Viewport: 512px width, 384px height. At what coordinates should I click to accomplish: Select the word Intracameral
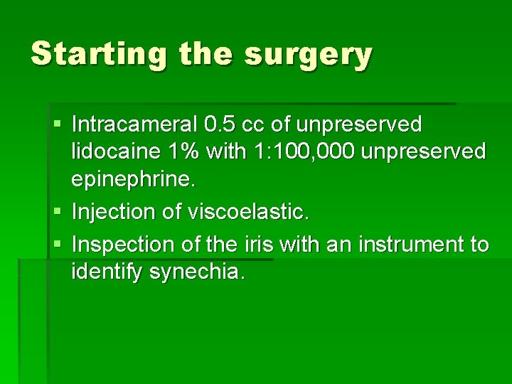click(134, 125)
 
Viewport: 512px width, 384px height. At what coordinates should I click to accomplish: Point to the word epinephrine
click(132, 180)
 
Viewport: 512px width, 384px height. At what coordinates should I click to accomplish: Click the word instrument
click(400, 245)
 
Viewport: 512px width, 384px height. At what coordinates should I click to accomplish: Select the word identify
click(107, 272)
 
